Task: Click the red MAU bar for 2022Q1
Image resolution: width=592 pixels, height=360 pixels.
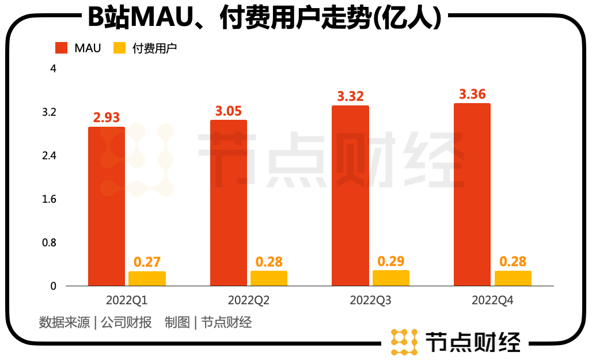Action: pos(107,206)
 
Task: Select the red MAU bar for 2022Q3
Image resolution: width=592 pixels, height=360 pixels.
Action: pos(350,195)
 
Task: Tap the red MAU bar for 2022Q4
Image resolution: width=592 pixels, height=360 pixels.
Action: pos(472,194)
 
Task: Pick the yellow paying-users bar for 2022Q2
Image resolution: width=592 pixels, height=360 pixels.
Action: pos(269,278)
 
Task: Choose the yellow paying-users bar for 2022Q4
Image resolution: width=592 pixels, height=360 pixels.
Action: pos(513,278)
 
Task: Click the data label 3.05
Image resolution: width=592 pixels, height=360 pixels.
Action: pos(229,111)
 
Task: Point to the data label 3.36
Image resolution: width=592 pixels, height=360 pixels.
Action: pos(472,94)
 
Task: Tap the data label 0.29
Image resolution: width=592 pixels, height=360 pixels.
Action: pos(391,261)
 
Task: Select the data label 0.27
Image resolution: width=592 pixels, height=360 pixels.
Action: pos(147,262)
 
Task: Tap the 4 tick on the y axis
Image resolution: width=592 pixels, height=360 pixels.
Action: pos(53,69)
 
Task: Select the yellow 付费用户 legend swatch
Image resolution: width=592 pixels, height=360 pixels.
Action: pos(120,48)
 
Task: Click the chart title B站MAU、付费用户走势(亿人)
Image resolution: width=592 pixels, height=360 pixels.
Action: pos(264,18)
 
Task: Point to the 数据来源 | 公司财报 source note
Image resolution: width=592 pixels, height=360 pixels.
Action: pos(95,322)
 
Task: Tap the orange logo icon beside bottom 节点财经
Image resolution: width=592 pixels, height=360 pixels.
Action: pos(404,342)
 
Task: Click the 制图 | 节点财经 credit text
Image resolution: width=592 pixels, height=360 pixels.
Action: pos(208,322)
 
